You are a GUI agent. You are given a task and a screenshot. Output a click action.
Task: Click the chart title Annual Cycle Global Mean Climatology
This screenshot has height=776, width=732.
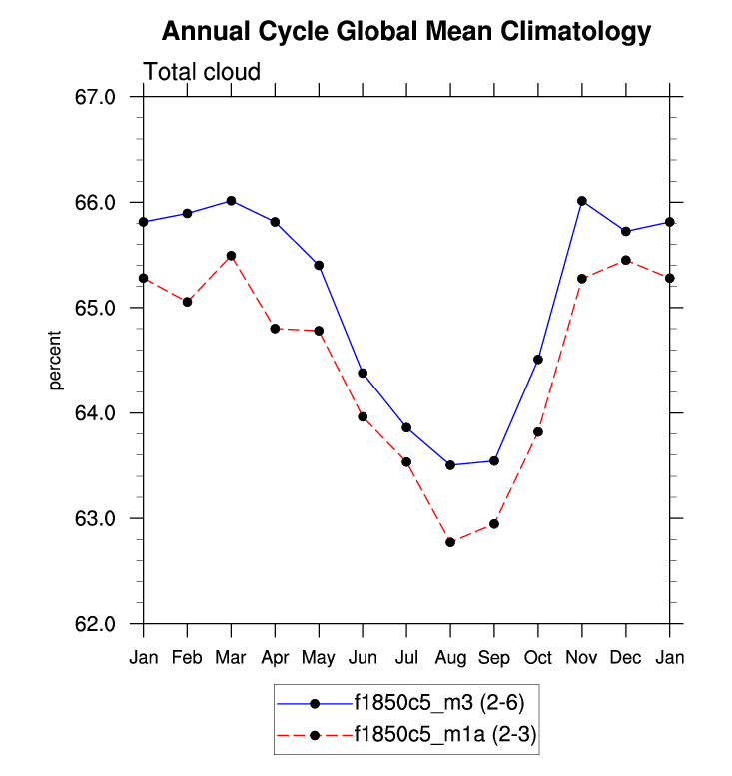click(405, 32)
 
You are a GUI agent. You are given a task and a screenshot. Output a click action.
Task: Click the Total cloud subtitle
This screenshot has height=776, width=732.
click(202, 72)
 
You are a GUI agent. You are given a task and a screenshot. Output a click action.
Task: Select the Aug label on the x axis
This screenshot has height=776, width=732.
click(450, 657)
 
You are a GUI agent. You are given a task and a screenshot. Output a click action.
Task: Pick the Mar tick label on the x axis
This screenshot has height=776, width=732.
click(231, 657)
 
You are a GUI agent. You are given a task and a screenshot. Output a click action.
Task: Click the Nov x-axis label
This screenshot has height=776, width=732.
click(581, 657)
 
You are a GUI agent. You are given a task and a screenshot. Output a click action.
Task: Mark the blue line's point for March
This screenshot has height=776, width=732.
click(231, 201)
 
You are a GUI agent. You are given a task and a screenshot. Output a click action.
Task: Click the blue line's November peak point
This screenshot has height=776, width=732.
click(581, 201)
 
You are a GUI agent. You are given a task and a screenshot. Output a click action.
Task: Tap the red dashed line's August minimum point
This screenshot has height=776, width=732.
click(450, 542)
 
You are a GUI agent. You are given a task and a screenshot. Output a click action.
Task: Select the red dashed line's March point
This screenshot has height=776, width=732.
click(231, 256)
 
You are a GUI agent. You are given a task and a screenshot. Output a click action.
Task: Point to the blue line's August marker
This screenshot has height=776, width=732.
click(450, 465)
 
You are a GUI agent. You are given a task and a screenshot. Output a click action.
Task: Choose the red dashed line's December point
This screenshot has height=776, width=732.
click(625, 260)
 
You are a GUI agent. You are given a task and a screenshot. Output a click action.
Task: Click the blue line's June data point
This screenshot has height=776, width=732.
click(363, 374)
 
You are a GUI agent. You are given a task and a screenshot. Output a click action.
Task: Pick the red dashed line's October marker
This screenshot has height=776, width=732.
click(538, 432)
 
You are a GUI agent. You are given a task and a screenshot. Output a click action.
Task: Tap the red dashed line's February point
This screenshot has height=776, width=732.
click(188, 302)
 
